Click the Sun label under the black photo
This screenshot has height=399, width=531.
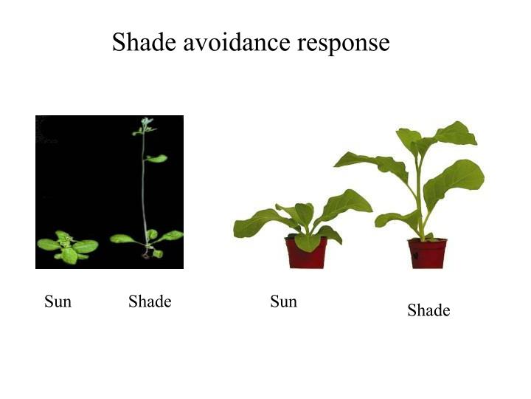(58, 301)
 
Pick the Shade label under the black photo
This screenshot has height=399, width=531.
(150, 301)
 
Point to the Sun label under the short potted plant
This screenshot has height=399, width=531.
(283, 301)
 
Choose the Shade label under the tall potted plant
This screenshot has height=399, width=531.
(428, 310)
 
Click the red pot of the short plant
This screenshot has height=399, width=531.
(306, 253)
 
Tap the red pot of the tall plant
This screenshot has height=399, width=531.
(428, 253)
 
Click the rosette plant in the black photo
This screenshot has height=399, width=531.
(68, 247)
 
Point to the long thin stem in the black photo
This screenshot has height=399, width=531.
(144, 192)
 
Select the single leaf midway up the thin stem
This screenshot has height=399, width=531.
(156, 158)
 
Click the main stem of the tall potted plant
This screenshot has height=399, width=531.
(420, 199)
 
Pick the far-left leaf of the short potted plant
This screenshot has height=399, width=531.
(254, 222)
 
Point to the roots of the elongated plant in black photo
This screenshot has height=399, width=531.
(147, 255)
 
